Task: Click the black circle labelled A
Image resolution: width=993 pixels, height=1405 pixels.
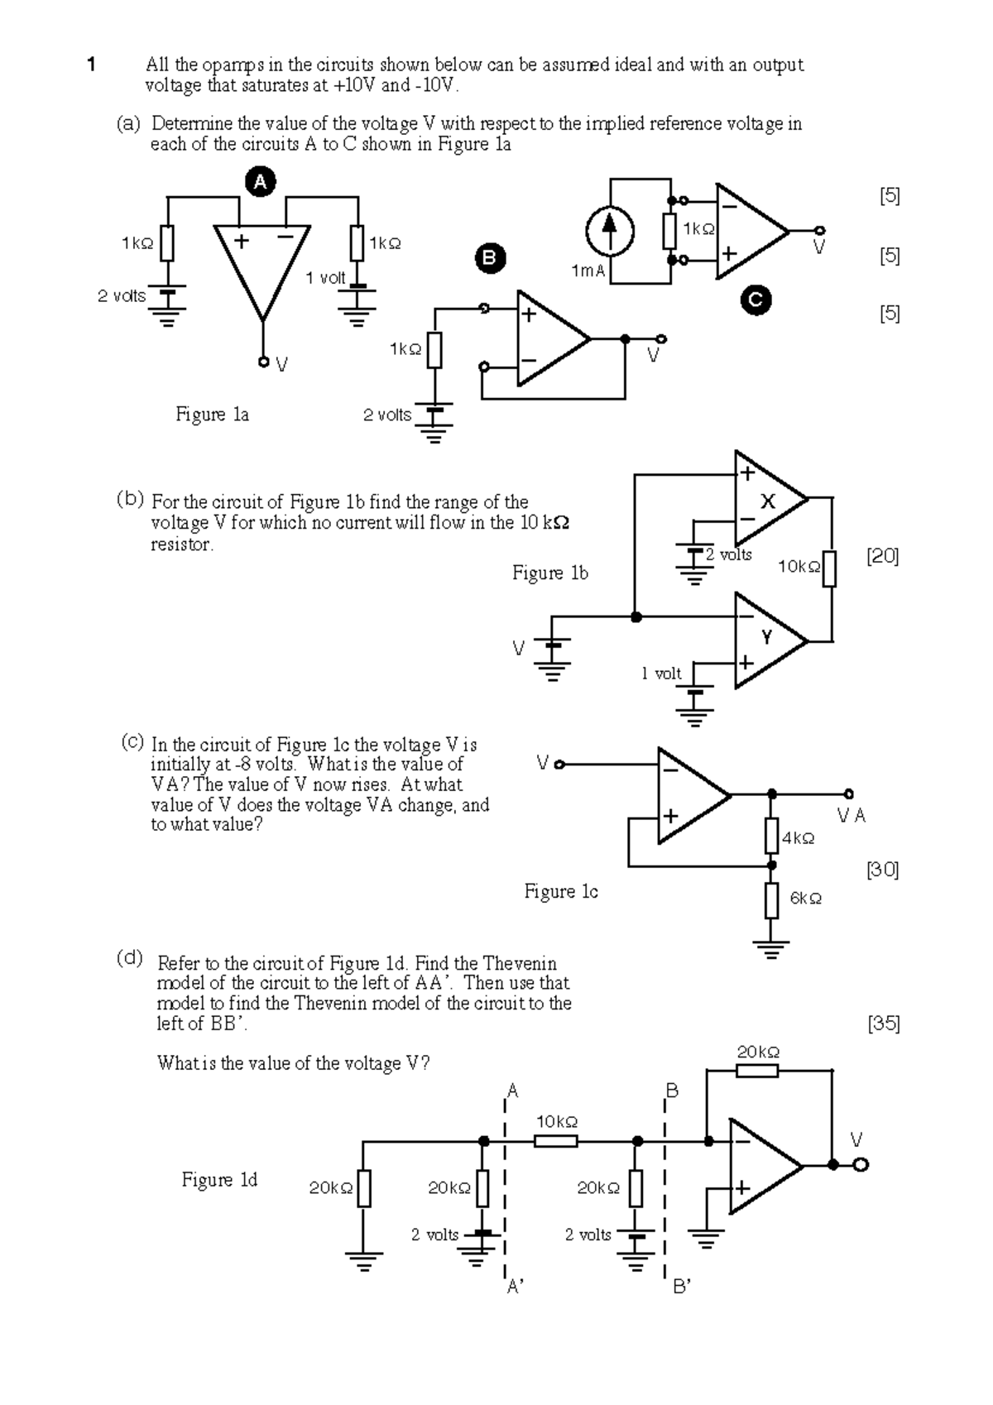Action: [x=260, y=182]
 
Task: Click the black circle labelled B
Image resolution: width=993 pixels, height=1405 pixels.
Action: [x=489, y=258]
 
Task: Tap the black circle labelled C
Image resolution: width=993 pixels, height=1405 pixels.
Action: [x=756, y=300]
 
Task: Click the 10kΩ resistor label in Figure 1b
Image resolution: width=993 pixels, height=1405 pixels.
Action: [x=799, y=567]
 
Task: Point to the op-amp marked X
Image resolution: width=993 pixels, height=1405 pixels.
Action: [x=767, y=500]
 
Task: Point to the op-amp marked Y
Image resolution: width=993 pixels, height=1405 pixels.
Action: [x=767, y=640]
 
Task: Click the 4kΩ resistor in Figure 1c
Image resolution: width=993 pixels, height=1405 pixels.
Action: [x=771, y=836]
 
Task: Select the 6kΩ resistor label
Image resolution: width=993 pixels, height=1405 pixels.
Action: [x=805, y=899]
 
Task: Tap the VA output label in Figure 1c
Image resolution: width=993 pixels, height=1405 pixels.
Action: [x=851, y=816]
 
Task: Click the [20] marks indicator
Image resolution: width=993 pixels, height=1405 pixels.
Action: [x=882, y=557]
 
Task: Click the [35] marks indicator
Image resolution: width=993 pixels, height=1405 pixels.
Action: [x=883, y=1024]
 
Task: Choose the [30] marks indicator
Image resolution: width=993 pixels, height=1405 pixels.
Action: [x=882, y=870]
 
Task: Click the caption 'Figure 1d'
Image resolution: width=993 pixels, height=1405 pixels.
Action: [x=219, y=1180]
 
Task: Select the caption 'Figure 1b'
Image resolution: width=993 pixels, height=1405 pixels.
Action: [x=549, y=573]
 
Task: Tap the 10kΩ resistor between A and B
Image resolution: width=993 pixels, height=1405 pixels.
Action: [x=555, y=1141]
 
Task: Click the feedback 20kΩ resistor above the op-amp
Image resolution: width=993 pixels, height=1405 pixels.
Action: [x=757, y=1071]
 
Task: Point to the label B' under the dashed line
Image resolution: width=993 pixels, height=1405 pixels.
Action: [x=682, y=1287]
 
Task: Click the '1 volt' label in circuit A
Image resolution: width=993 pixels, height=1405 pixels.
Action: [x=325, y=278]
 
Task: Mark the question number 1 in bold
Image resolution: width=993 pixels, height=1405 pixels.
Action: [x=92, y=65]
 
